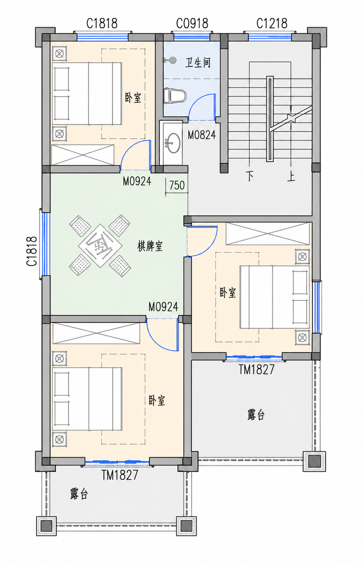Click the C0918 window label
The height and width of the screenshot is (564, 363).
click(x=192, y=24)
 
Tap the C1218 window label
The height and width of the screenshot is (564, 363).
click(x=272, y=24)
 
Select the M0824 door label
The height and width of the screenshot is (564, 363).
click(x=202, y=135)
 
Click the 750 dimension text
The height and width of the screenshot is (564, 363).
click(x=177, y=185)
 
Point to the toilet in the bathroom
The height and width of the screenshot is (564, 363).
click(x=175, y=96)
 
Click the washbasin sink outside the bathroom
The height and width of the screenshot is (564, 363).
click(x=174, y=143)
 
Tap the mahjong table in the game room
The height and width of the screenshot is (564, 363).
click(x=100, y=246)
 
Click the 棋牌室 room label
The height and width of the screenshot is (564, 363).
click(x=150, y=246)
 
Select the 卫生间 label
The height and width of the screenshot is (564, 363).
click(x=198, y=62)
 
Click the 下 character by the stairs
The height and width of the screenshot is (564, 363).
click(x=249, y=176)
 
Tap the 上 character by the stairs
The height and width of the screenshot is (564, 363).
click(x=291, y=176)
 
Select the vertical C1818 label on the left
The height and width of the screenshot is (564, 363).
click(x=32, y=251)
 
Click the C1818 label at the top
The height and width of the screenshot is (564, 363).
click(x=102, y=24)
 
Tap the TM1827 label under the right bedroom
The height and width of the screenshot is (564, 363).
click(x=257, y=370)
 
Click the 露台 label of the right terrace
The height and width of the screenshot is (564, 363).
click(x=256, y=415)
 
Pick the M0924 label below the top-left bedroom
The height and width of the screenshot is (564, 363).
click(x=137, y=181)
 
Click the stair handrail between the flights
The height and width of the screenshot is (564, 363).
click(x=270, y=119)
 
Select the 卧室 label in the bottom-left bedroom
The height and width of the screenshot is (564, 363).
click(x=157, y=401)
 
